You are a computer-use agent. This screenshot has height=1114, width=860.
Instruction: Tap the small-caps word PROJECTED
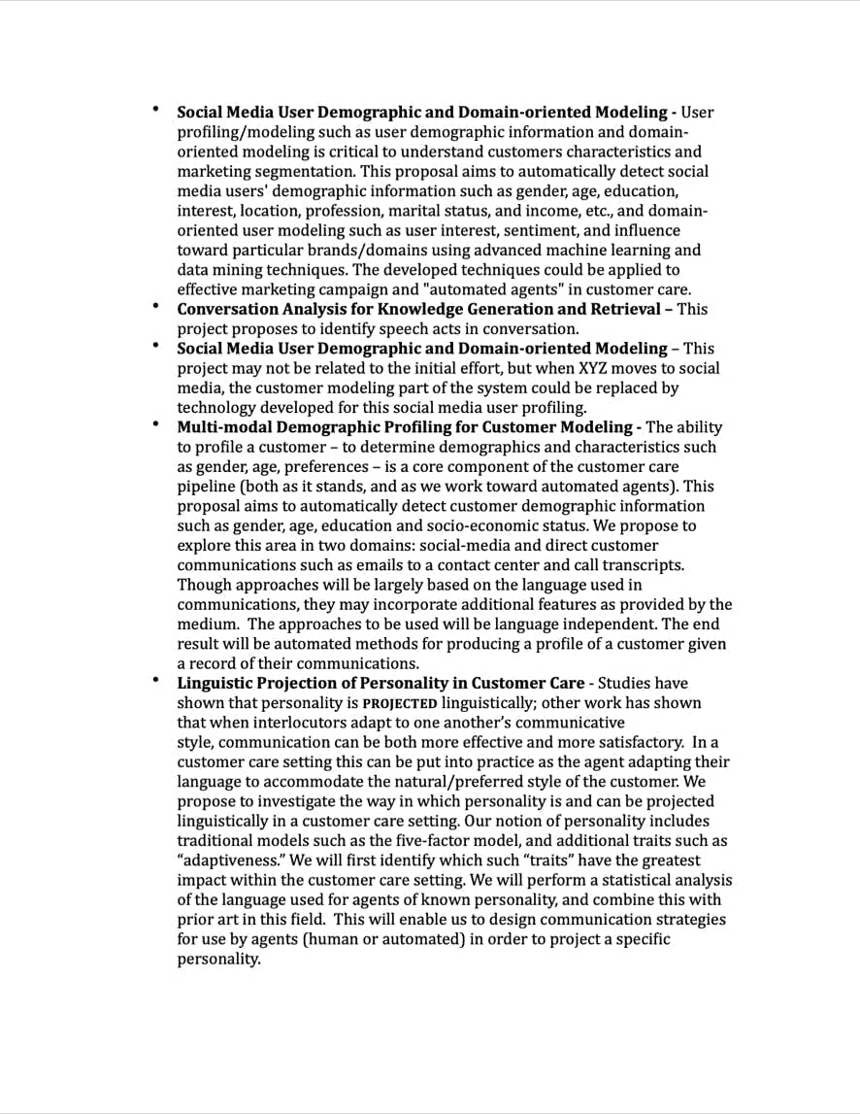(x=399, y=703)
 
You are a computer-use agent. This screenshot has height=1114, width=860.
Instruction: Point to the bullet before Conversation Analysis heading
(x=154, y=306)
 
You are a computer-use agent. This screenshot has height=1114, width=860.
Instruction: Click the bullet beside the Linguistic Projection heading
(x=154, y=680)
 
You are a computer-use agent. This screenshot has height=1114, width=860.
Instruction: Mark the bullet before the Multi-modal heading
(x=154, y=424)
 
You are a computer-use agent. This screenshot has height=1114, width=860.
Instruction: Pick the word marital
(x=497, y=211)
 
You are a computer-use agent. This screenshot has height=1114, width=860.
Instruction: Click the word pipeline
(x=208, y=487)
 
